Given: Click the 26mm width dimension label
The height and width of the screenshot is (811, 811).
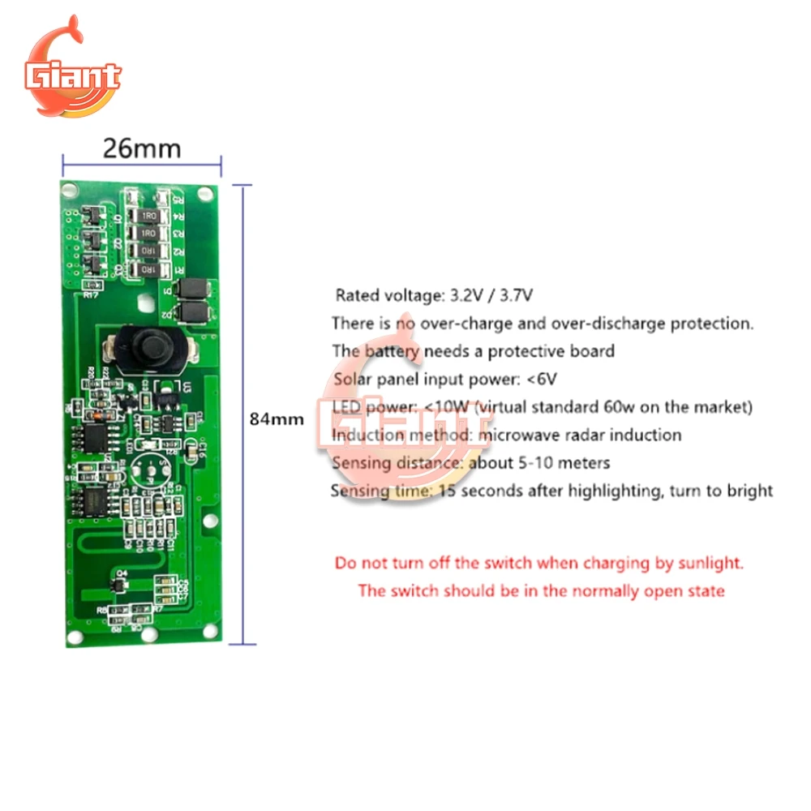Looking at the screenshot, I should [x=141, y=148].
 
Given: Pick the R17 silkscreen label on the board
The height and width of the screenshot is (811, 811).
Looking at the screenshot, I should [x=92, y=297].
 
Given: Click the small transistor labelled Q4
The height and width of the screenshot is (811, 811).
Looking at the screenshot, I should [x=122, y=581].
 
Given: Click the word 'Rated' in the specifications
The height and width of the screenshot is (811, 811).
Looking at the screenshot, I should [x=356, y=294].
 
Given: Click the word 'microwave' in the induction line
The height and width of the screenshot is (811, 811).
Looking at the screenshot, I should [x=518, y=435].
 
